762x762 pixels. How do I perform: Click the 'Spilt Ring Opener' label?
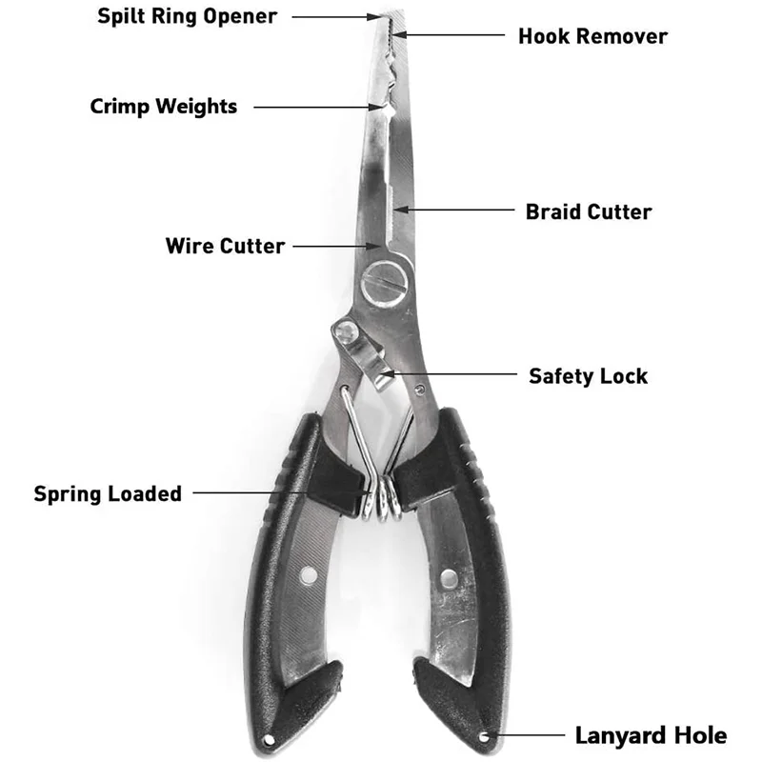click(x=188, y=16)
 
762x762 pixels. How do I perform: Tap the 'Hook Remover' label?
click(x=592, y=36)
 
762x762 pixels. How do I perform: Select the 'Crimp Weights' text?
click(x=164, y=106)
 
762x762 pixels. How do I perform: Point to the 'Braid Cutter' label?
click(x=589, y=211)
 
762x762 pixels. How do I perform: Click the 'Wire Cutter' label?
click(x=225, y=246)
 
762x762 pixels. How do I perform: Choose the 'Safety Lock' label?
click(x=588, y=375)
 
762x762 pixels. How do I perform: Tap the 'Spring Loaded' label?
click(x=108, y=493)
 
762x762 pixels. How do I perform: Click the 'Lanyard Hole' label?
click(x=651, y=735)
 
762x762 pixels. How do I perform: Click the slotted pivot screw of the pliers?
click(x=385, y=282)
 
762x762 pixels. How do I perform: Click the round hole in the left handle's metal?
click(x=308, y=575)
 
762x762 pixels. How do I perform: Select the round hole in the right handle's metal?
click(x=448, y=576)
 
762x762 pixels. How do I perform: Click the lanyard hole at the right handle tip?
click(x=485, y=736)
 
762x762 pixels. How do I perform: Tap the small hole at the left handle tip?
click(x=270, y=739)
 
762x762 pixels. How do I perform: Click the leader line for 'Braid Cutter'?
click(x=458, y=211)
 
